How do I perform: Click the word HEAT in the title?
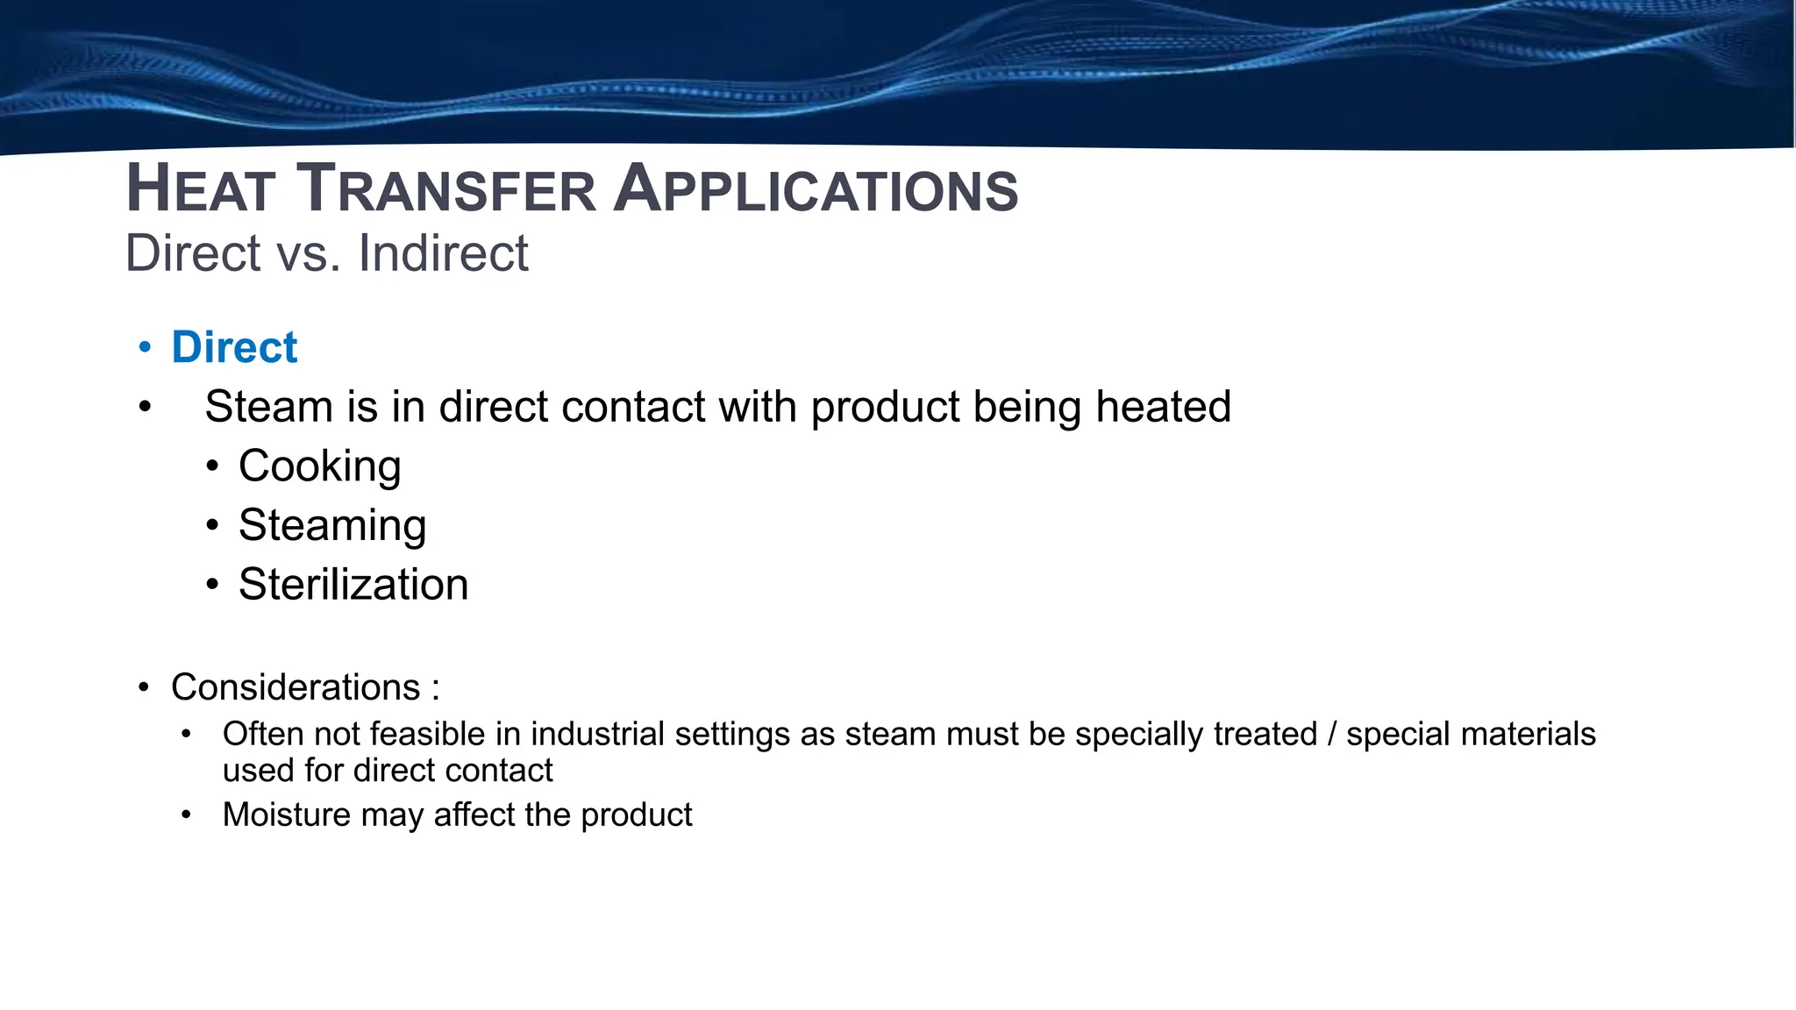200,189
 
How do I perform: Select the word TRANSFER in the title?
446,189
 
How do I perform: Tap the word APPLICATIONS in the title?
816,189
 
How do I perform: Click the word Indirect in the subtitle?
443,253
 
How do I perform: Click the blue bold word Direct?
234,347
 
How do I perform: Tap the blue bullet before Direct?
146,347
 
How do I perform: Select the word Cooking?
319,466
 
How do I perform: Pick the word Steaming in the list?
332,526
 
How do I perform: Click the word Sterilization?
353,585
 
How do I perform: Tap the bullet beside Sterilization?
212,585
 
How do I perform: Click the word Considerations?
296,687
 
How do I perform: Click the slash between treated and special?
1332,734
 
